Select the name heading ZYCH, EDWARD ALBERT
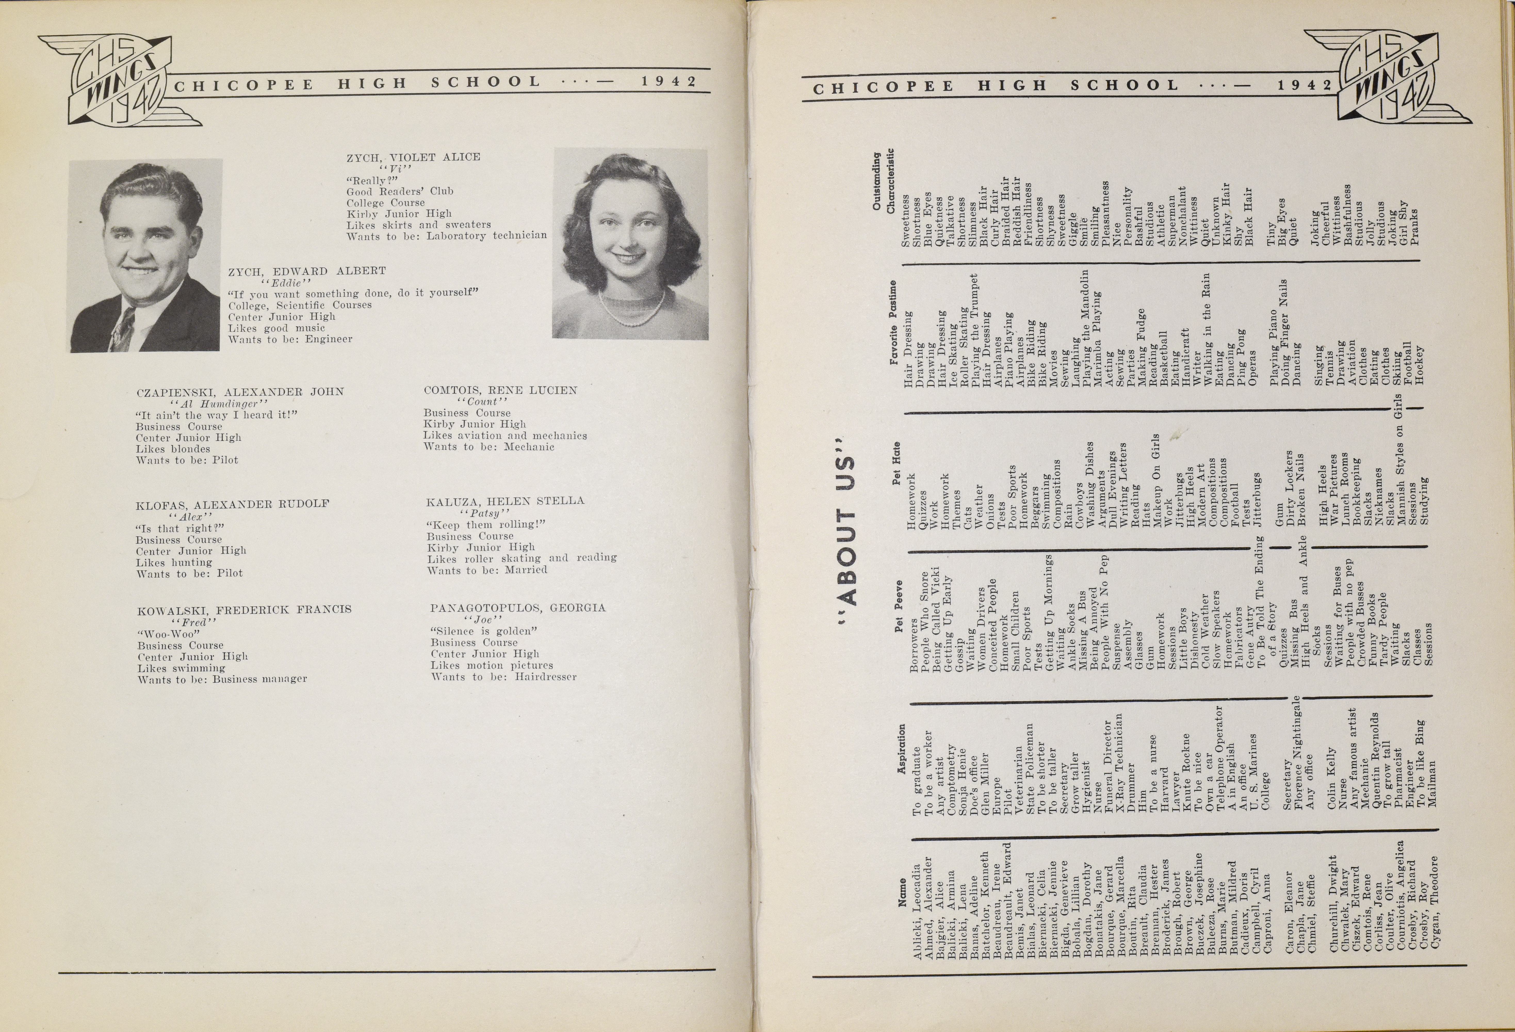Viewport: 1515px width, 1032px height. click(306, 271)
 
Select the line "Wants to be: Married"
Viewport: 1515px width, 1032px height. click(487, 570)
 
